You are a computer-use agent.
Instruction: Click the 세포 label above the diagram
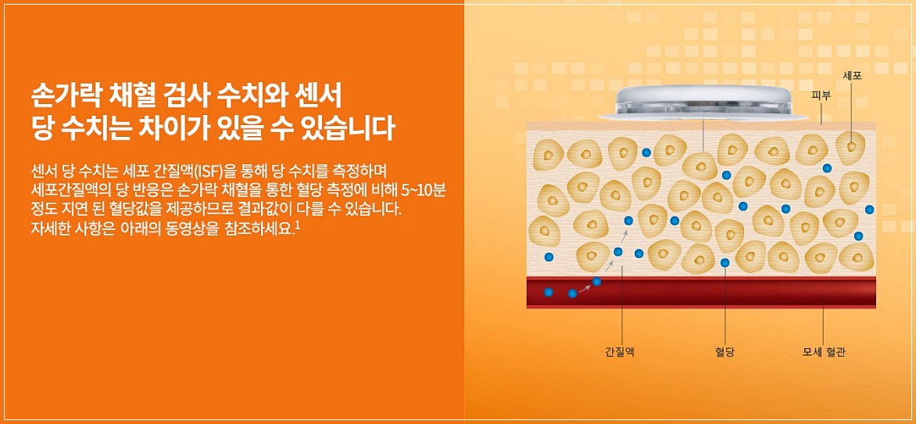851,76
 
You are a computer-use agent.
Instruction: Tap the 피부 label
821,96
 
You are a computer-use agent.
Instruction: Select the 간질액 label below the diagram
619,352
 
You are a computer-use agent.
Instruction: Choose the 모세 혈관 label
824,352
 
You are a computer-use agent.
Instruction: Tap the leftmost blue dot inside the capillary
549,292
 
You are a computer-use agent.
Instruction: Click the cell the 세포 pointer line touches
851,145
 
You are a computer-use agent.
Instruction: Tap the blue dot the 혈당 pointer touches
725,263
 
